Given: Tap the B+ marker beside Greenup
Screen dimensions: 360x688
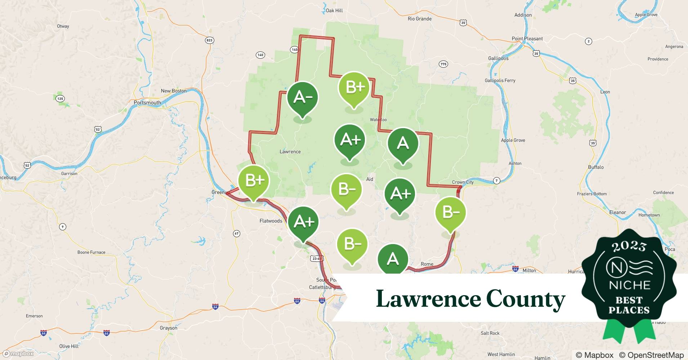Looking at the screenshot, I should [254, 180].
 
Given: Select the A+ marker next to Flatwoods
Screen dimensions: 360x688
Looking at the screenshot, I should [303, 222].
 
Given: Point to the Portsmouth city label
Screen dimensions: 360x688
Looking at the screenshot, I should [147, 103].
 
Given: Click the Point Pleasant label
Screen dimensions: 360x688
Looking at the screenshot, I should [527, 39].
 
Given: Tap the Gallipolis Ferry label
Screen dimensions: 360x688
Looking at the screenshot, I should [500, 80].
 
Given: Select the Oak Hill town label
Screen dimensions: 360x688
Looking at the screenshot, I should [334, 10].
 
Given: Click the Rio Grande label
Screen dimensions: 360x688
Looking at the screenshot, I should [419, 19].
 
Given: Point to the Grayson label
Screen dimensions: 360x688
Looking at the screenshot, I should [169, 328].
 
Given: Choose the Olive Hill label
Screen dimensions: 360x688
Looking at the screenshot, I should [69, 346].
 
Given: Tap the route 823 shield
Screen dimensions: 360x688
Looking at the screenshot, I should [209, 40].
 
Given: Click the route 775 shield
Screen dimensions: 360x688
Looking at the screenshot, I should [443, 64].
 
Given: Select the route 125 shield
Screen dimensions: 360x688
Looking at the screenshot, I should [60, 98].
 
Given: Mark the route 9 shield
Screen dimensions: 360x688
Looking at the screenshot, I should [63, 226].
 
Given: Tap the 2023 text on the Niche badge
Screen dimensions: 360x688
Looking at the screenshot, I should [629, 246].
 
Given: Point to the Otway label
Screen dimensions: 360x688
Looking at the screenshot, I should [63, 26].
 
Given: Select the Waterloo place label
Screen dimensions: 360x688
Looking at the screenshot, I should [378, 120].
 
